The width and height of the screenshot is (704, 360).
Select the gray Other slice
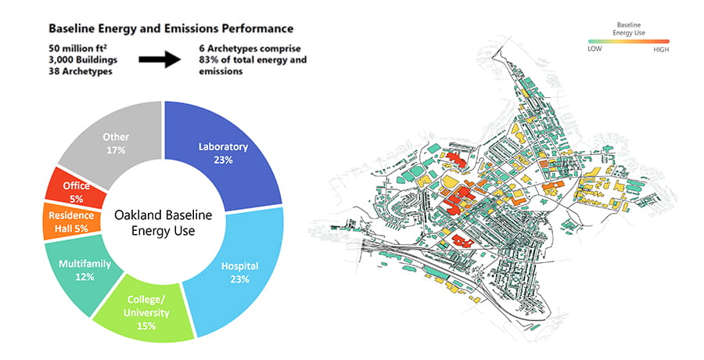click(117, 141)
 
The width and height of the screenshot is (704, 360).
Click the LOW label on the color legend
click(595, 48)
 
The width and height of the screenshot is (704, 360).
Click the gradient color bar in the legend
click(629, 40)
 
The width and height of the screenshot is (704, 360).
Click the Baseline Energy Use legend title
click(629, 28)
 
